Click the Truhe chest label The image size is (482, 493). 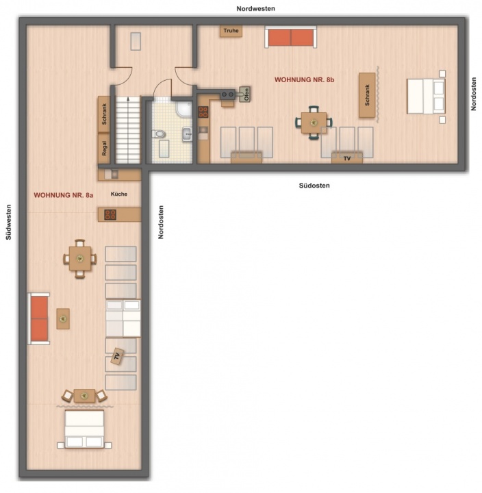pyautogui.click(x=231, y=31)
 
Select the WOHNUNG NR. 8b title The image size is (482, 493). pyautogui.click(x=304, y=80)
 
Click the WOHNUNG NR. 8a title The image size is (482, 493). pyautogui.click(x=64, y=195)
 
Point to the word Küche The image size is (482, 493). pyautogui.click(x=119, y=194)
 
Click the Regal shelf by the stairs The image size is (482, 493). pyautogui.click(x=104, y=148)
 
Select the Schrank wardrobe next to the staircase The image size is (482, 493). pyautogui.click(x=104, y=114)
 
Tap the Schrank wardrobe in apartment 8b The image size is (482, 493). pyautogui.click(x=367, y=95)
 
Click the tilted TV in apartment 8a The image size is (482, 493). pyautogui.click(x=117, y=356)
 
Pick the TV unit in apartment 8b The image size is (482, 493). pyautogui.click(x=347, y=158)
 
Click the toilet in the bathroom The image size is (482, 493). pyautogui.click(x=159, y=134)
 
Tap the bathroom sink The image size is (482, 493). pyautogui.click(x=188, y=134)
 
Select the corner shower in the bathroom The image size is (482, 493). pyautogui.click(x=184, y=109)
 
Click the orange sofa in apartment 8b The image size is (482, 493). pyautogui.click(x=290, y=37)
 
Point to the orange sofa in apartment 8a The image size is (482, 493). pyautogui.click(x=39, y=318)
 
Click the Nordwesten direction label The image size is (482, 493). pyautogui.click(x=255, y=9)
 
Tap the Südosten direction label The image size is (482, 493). pyautogui.click(x=314, y=186)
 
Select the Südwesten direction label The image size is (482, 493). pyautogui.click(x=8, y=222)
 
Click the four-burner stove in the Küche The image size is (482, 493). pyautogui.click(x=110, y=215)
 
